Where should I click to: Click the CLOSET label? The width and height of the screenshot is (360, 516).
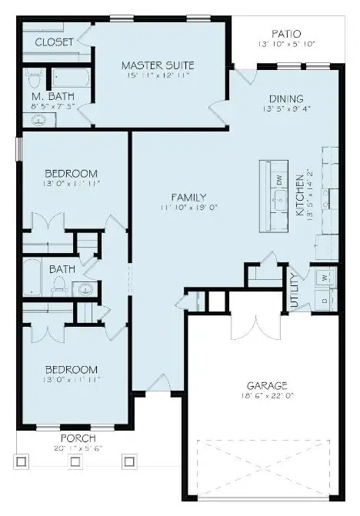tap(54, 42)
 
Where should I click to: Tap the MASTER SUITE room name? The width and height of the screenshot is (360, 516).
tap(158, 65)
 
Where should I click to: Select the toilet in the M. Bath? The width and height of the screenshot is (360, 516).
tap(32, 78)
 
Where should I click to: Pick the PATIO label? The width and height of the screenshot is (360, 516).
tap(285, 34)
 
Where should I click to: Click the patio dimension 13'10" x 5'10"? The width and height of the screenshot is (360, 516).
tap(285, 45)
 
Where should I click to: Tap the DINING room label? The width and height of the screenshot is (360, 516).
tap(285, 98)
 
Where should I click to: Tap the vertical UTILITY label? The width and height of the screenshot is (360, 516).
tap(295, 291)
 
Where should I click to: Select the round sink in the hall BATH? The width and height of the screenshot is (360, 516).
tap(85, 289)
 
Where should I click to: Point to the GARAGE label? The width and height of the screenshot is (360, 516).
tap(267, 385)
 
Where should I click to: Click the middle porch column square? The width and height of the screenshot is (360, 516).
tap(75, 461)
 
